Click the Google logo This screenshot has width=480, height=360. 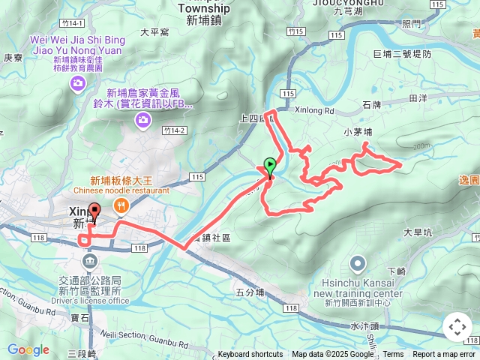tap(28, 349)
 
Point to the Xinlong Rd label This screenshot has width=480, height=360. tap(317, 109)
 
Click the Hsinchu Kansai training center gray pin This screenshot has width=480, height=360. tap(357, 264)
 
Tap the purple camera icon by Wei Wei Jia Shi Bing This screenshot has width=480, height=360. tap(77, 84)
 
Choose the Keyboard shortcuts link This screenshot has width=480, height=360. tap(250, 355)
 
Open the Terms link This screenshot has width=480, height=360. tap(393, 355)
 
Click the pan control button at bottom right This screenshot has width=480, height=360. tap(457, 327)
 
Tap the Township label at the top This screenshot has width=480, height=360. tap(205, 8)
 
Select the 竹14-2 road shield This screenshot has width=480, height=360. tap(172, 130)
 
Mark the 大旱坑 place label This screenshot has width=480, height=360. tap(418, 232)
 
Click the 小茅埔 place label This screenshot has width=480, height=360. tap(358, 132)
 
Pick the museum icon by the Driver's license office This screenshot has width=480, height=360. tap(91, 261)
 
